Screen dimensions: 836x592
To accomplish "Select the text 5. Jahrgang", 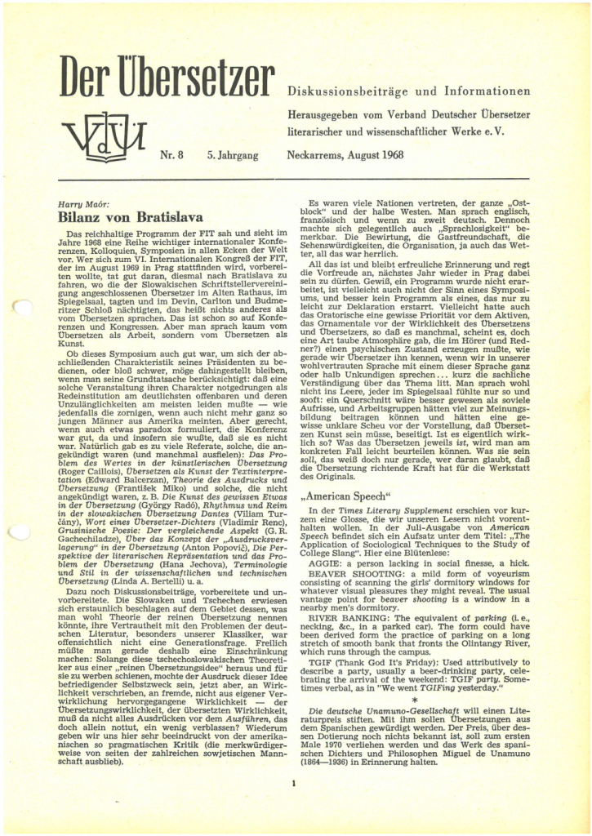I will pos(224,153).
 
